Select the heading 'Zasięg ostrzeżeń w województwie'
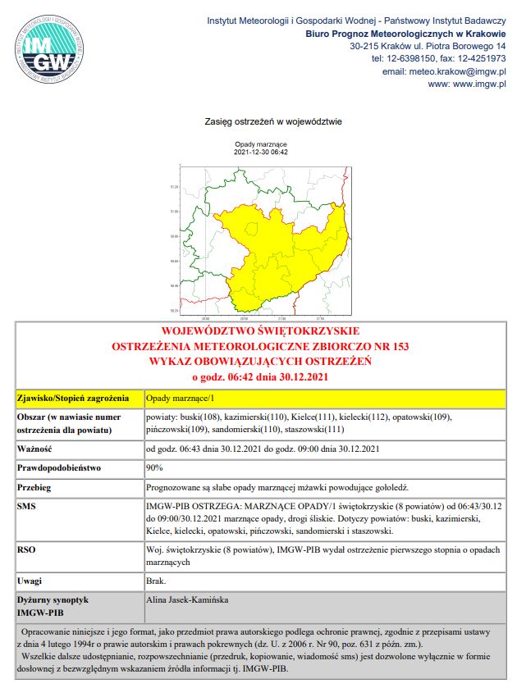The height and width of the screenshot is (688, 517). [272, 122]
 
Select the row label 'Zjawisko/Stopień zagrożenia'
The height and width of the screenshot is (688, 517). [73, 399]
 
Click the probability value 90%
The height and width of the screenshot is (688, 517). [154, 468]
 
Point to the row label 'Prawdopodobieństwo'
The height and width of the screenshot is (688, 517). [58, 468]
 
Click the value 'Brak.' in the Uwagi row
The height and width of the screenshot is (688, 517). [157, 581]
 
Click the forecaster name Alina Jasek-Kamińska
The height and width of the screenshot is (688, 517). [187, 600]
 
